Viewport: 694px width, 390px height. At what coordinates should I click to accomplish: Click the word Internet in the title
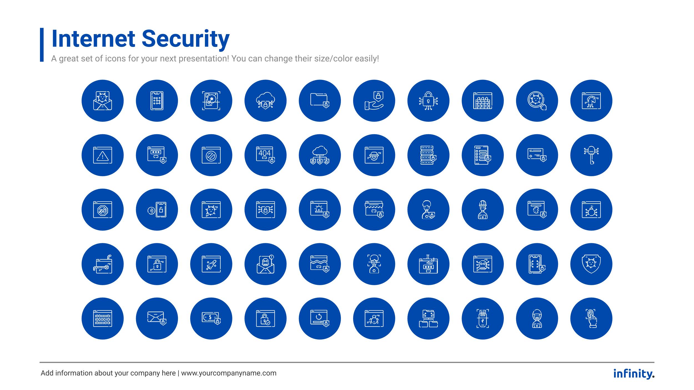pos(93,39)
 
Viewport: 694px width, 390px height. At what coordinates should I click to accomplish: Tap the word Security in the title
pos(185,39)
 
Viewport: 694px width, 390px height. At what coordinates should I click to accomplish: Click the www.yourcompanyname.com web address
pos(229,373)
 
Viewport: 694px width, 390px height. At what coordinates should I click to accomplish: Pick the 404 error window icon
pos(265,155)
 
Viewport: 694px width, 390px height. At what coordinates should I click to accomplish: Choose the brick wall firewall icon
pos(482,101)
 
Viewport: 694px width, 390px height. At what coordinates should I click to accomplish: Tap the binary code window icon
pos(103,318)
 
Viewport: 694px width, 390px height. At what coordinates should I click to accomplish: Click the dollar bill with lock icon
pos(211,318)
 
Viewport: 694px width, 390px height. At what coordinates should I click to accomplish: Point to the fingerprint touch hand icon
pos(591,318)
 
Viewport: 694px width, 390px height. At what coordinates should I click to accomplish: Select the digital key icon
pos(591,155)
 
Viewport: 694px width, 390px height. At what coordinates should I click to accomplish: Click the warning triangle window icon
pos(103,155)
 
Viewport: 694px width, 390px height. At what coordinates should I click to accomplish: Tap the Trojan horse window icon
pos(591,101)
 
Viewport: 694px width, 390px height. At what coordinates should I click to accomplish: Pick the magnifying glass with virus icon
pos(537,101)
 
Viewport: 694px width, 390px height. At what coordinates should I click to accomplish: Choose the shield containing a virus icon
pos(591,264)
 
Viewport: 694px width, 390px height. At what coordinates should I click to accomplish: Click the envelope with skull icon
pos(265,264)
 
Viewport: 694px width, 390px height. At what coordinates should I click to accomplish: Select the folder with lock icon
pos(320,101)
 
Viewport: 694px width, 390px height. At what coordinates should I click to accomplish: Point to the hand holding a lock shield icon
pos(374,101)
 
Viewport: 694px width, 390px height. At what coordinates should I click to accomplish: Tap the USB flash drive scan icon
pos(482,318)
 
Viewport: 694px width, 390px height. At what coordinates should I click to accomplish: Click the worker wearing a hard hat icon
pos(482,210)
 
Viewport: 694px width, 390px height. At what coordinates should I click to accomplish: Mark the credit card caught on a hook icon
pos(103,264)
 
